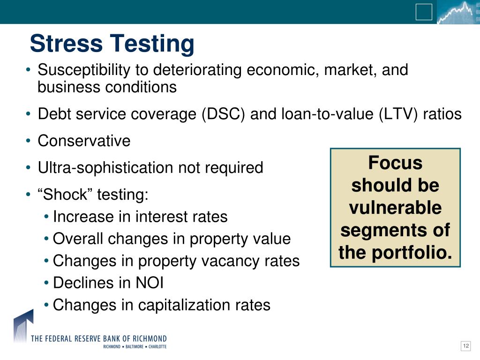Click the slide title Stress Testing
click(112, 44)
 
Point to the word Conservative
click(84, 141)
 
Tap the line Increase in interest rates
click(140, 217)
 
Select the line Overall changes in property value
click(172, 239)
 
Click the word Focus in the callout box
click(395, 163)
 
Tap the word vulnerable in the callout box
click(395, 208)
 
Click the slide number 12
click(465, 346)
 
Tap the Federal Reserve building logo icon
click(22, 326)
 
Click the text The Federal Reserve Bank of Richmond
click(98, 338)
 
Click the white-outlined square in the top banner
click(424, 12)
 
